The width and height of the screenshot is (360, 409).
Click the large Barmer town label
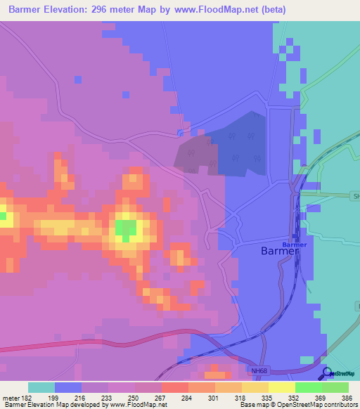pyautogui.click(x=280, y=251)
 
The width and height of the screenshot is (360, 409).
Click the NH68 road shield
pyautogui.click(x=259, y=370)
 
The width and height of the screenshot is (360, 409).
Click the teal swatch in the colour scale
pyautogui.click(x=41, y=387)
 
